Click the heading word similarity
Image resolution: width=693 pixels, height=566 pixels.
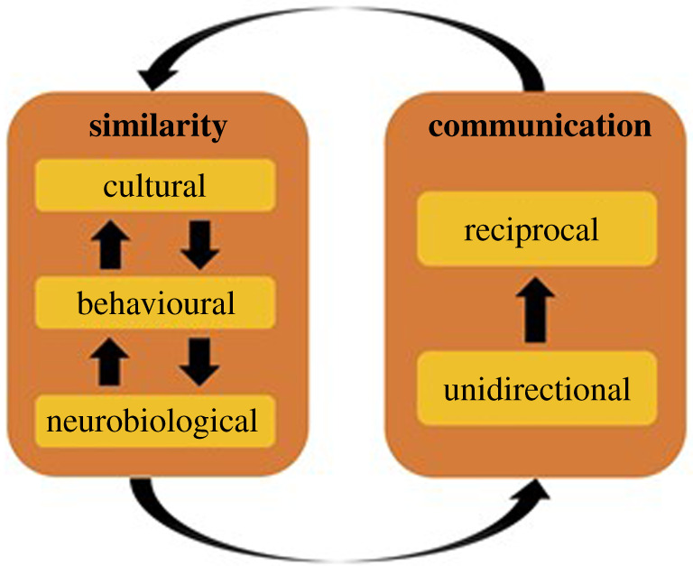coord(157,126)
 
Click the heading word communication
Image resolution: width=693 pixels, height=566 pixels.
coord(540,125)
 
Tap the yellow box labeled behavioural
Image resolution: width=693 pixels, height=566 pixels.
coord(154,303)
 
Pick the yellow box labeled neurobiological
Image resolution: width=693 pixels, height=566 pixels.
coord(154,420)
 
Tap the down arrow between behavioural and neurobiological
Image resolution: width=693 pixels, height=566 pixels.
coord(199,362)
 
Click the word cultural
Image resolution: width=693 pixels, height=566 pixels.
coord(154,187)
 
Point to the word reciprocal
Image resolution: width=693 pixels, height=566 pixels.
coord(531,230)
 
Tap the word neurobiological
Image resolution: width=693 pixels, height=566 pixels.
coord(154,421)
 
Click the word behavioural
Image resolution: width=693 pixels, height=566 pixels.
coord(156,303)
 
